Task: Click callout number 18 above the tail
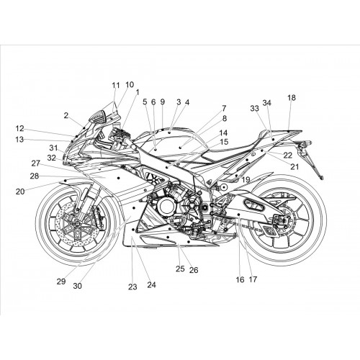coord(292,98)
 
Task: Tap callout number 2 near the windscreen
coord(66,115)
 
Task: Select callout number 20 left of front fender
coord(20,192)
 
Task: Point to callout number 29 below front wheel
coord(61,282)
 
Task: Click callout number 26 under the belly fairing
coord(194,270)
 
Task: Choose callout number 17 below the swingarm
coord(253,279)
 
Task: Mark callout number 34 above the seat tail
coord(266,103)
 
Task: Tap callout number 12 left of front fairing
coord(20,129)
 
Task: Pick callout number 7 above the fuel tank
coord(224,109)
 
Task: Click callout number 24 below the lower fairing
coord(151,285)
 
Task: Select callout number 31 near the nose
coord(53,148)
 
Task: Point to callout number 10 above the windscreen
coord(130,84)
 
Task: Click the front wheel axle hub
coord(78,224)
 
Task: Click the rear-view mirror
coord(98,117)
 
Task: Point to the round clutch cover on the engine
coord(166,207)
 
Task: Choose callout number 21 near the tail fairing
coord(294,166)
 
